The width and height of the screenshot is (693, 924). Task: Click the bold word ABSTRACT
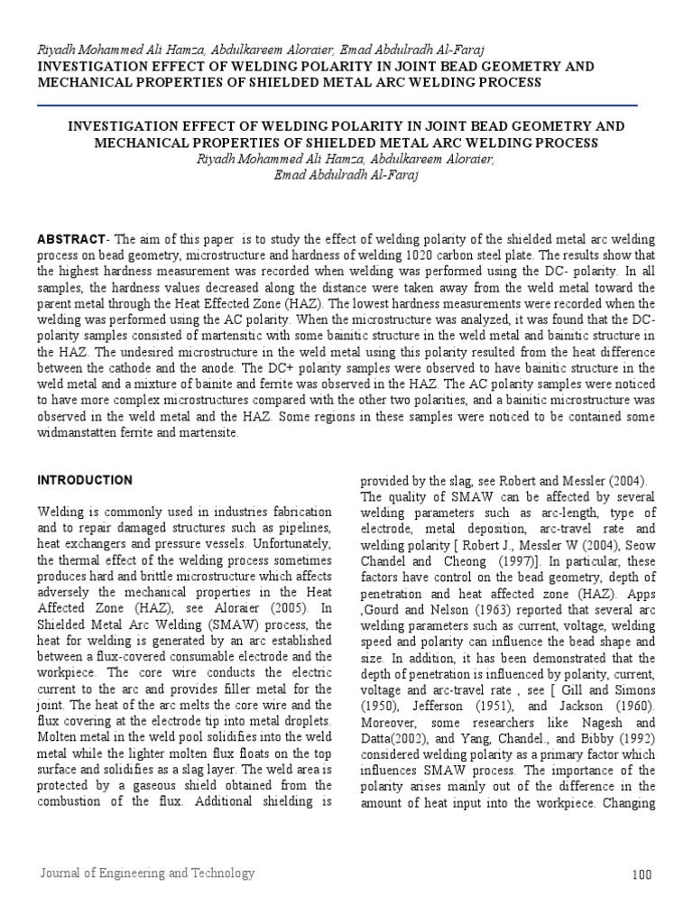click(71, 238)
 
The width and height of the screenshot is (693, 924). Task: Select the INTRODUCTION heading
click(85, 480)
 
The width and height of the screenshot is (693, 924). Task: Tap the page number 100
click(642, 874)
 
